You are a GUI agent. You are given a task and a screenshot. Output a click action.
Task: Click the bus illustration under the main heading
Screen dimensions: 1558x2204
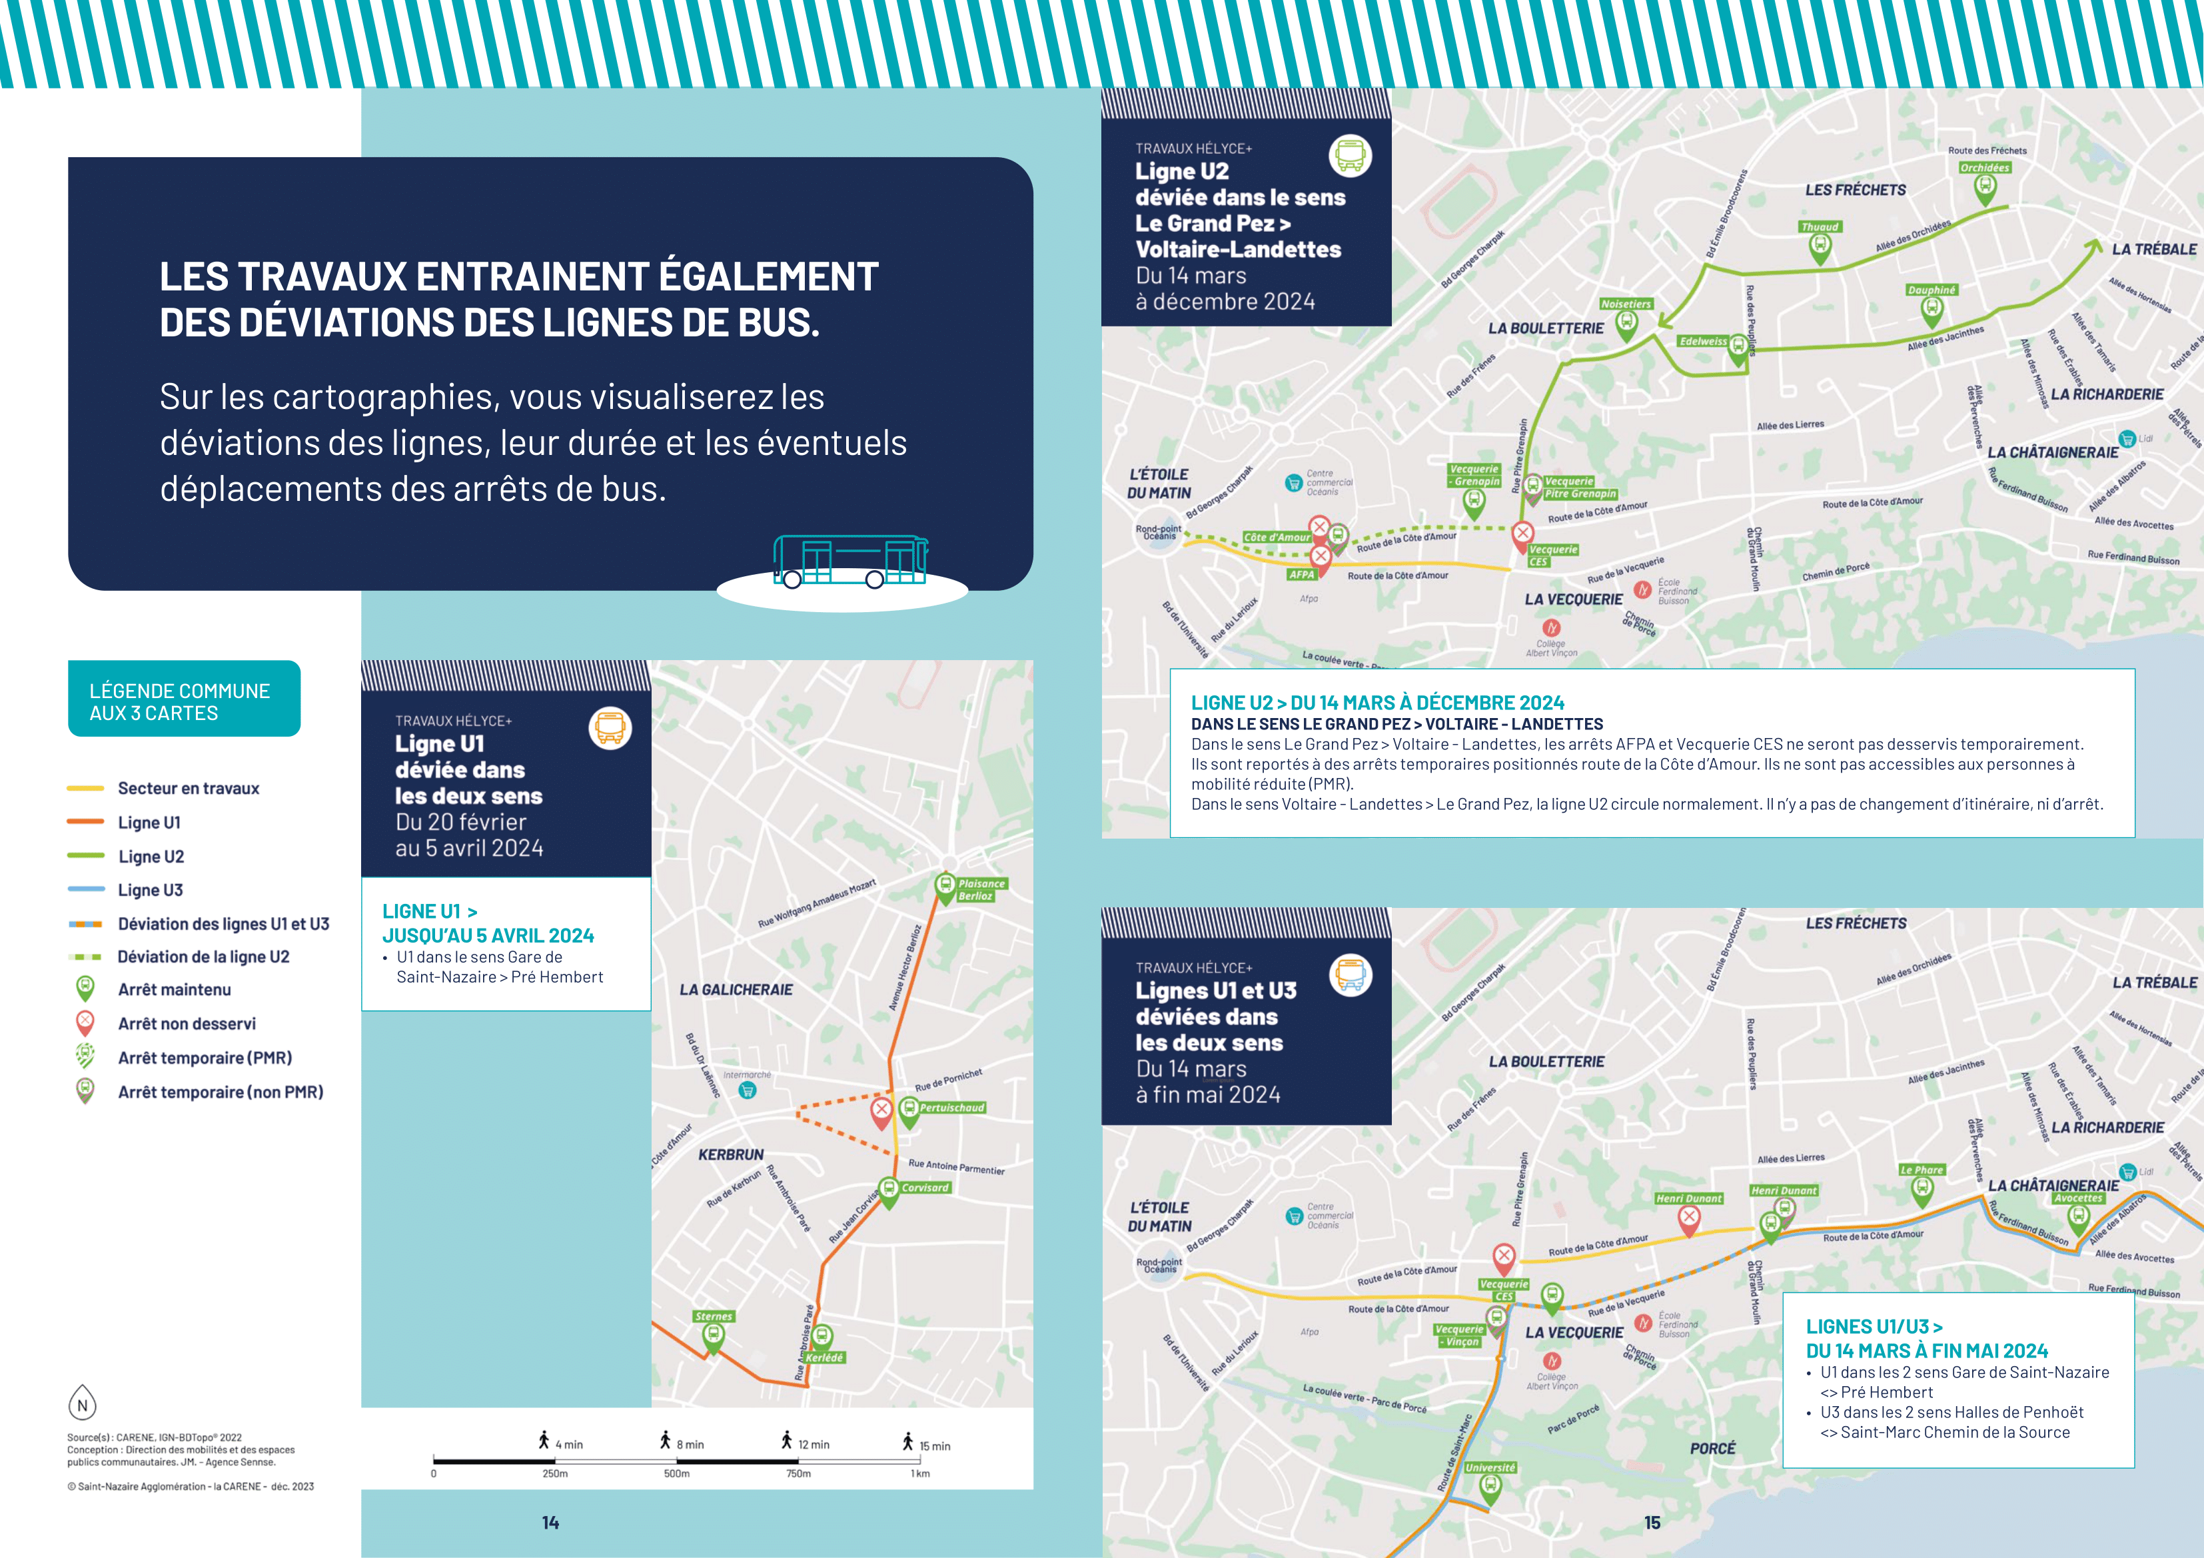pos(851,562)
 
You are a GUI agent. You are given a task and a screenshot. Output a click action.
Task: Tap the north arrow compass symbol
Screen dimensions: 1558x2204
pos(83,1403)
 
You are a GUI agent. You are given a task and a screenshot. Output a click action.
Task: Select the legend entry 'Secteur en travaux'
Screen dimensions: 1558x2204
pos(188,788)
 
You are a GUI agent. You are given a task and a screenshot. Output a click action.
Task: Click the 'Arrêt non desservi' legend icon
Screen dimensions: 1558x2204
pos(85,1022)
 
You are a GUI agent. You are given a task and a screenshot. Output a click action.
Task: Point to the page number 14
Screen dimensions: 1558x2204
pos(550,1523)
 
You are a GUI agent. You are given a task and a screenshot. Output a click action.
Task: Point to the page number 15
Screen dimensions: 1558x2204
pos(1652,1523)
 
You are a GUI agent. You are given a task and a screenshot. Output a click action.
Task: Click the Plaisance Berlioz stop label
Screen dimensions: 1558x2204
pos(980,890)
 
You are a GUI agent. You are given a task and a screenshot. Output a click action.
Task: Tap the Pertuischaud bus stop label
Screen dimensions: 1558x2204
pos(951,1108)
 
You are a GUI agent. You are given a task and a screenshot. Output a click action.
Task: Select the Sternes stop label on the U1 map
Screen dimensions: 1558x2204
pos(713,1316)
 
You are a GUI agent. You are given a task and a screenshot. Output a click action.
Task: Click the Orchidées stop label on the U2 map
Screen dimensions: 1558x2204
pos(1984,168)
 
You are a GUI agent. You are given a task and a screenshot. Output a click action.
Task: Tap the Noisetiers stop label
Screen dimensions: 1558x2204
pos(1626,304)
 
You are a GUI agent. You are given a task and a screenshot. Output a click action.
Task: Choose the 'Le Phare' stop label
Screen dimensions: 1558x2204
pos(1921,1170)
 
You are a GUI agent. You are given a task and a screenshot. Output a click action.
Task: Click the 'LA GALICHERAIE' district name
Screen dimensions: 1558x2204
pos(736,990)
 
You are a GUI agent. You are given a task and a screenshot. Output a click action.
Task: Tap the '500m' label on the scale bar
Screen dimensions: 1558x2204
pos(677,1473)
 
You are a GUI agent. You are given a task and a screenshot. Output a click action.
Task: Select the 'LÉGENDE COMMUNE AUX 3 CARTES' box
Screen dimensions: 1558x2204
pos(183,699)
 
